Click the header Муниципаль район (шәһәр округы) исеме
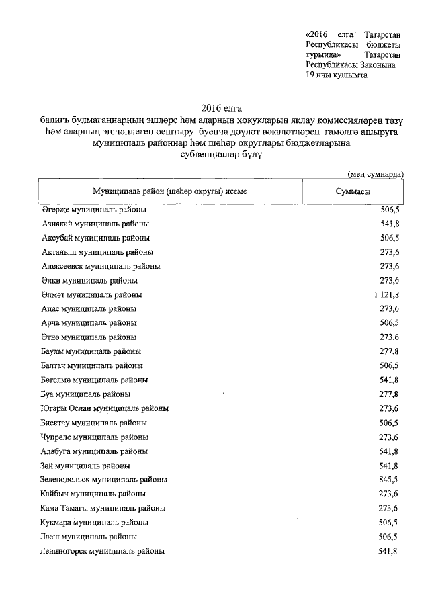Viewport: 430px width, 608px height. click(170, 191)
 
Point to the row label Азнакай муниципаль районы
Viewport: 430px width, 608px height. click(95, 224)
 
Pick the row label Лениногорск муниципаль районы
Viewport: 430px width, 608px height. click(103, 551)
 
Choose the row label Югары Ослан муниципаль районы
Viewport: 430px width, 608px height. click(105, 408)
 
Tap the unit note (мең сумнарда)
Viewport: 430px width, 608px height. click(376, 174)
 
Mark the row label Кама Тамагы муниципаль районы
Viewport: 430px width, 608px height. click(103, 508)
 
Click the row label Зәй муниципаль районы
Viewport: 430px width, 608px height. click(85, 466)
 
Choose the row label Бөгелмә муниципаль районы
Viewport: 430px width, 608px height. click(95, 380)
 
